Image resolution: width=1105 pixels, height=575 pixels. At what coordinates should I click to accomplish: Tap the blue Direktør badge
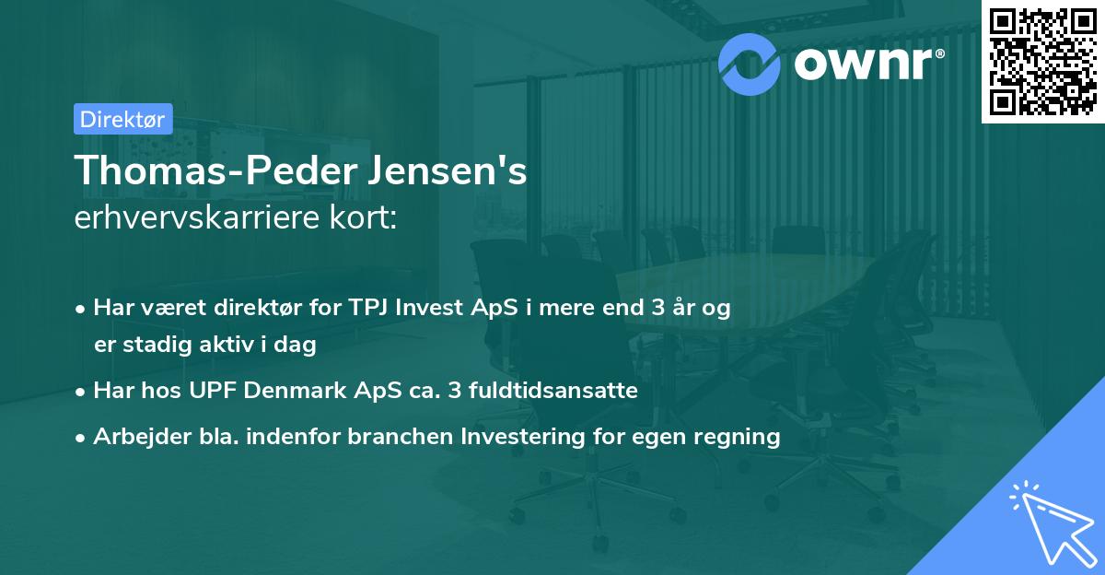tap(122, 119)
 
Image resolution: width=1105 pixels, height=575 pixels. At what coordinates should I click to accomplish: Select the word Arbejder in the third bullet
tap(134, 436)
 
